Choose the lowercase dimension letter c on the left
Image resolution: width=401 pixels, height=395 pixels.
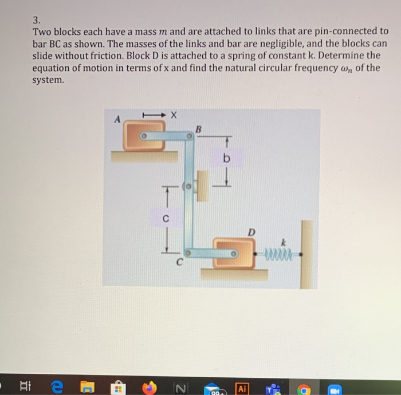coord(165,218)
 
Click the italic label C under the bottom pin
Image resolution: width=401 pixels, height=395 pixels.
coord(179,262)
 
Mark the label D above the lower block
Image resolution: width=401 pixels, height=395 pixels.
coord(250,232)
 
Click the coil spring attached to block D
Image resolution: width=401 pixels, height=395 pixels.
coord(280,252)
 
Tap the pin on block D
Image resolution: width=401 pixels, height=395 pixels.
coord(234,252)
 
